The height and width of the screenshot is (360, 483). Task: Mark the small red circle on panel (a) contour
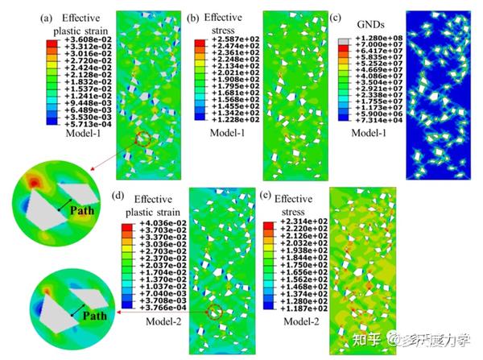[142, 139]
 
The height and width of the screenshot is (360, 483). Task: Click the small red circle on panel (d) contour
[213, 312]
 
